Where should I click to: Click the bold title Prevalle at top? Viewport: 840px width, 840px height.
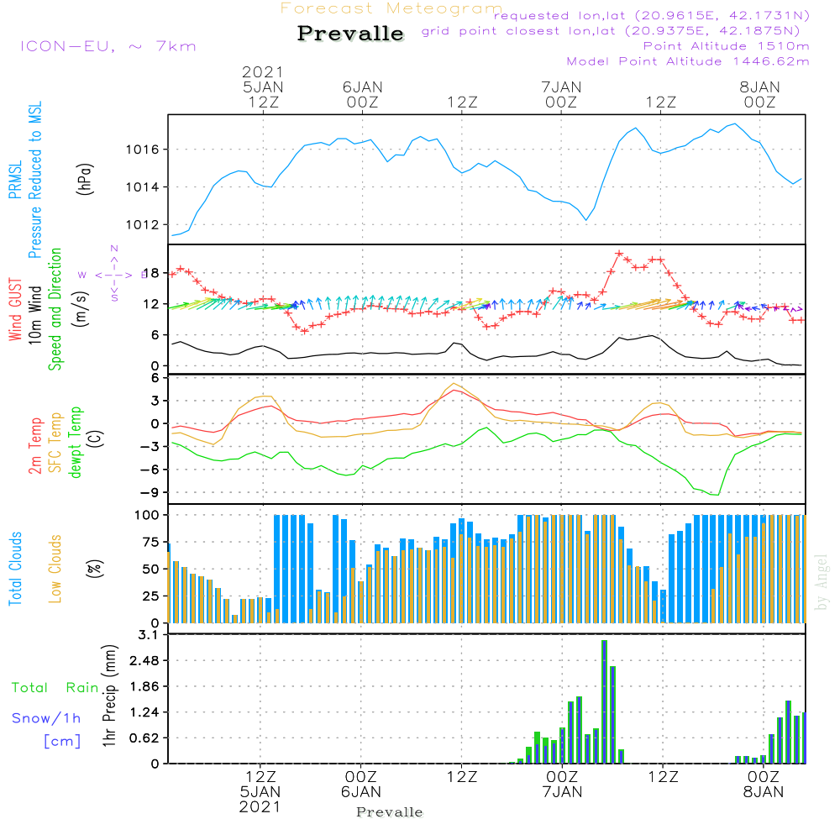[x=350, y=34]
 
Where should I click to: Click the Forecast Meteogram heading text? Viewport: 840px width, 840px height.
[x=391, y=9]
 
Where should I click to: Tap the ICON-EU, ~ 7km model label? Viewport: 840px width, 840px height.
[x=108, y=45]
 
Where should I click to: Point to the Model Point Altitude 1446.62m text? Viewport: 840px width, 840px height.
[x=688, y=61]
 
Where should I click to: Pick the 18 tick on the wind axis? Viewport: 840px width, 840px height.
[x=151, y=273]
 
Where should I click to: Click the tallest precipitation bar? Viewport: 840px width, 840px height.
[x=604, y=701]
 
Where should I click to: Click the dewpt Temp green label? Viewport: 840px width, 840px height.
[x=76, y=443]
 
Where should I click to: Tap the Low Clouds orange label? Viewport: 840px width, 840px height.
[x=55, y=568]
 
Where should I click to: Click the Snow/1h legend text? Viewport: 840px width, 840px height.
[x=48, y=718]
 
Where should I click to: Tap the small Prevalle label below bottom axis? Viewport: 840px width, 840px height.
[x=390, y=812]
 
